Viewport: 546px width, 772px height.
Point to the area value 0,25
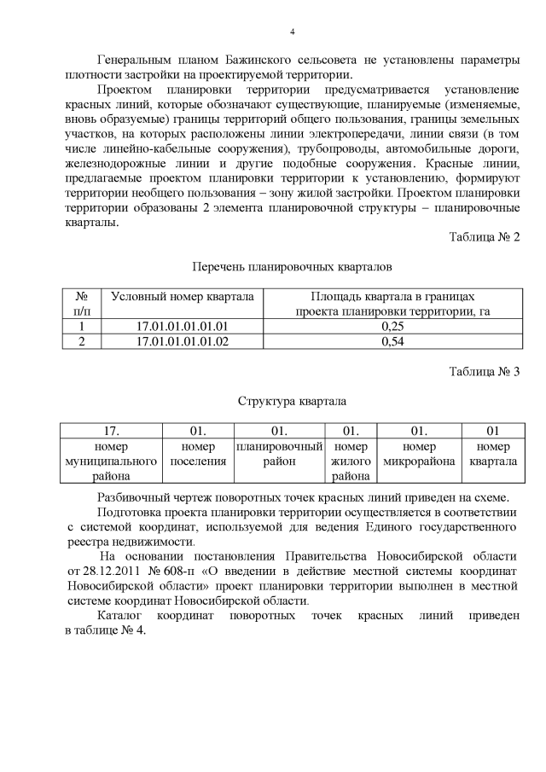(x=392, y=326)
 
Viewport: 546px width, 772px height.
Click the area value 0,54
(x=392, y=341)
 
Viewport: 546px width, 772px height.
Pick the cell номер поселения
(x=198, y=454)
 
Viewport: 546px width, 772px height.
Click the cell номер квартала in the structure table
(x=493, y=454)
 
